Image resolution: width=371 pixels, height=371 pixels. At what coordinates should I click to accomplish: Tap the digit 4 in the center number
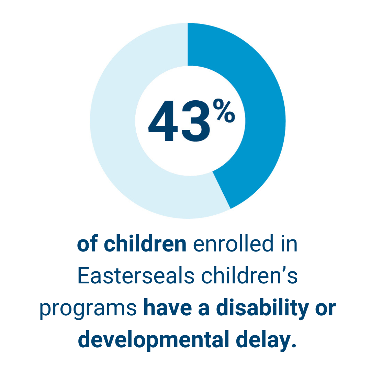click(163, 121)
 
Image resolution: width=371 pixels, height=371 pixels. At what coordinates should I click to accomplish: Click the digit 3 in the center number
click(196, 121)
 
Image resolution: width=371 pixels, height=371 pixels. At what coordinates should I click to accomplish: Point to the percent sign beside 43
click(224, 111)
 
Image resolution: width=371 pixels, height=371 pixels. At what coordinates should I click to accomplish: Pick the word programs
click(88, 310)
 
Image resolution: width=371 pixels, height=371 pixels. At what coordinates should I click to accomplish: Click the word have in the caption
click(168, 308)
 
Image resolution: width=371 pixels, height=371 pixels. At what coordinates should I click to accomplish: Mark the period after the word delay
click(294, 345)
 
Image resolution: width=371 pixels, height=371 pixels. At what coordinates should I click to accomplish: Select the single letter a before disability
click(204, 310)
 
